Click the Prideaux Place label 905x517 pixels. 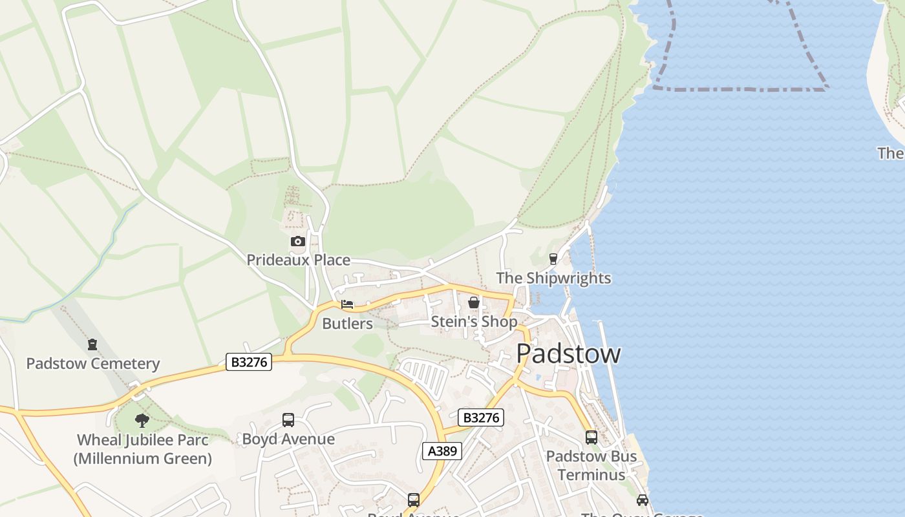point(298,260)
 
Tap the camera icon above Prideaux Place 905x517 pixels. point(297,242)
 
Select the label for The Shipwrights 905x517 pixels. point(553,279)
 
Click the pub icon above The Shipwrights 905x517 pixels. point(553,259)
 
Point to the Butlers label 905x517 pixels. point(347,324)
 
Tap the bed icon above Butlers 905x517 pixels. point(347,304)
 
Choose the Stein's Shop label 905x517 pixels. point(474,322)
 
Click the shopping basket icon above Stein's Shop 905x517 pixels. point(474,302)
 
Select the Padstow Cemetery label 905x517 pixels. point(92,364)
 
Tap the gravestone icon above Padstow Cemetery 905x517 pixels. point(92,344)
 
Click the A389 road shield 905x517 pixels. point(442,451)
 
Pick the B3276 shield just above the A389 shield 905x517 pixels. point(480,417)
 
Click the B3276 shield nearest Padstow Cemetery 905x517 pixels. point(249,362)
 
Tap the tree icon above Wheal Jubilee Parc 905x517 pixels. point(142,421)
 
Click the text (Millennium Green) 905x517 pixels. point(142,459)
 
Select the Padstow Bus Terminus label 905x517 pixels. point(591,465)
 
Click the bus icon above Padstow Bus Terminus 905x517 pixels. point(591,438)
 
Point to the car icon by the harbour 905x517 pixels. point(642,500)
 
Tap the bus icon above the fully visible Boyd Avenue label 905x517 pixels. point(288,420)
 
